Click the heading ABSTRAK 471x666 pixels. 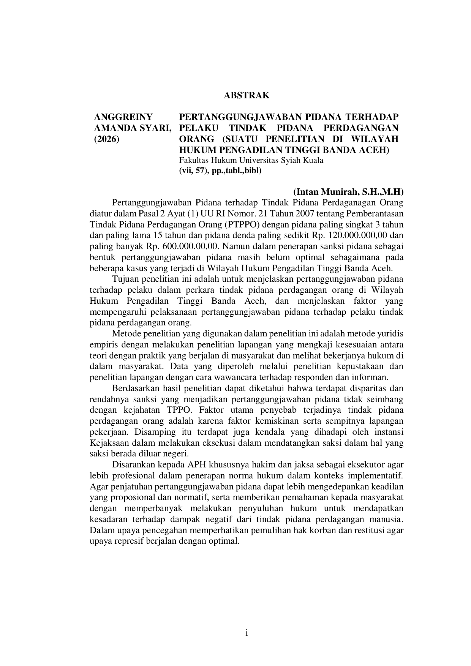pos(247,96)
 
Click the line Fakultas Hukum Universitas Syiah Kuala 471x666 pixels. pos(251,160)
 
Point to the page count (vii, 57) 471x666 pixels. pos(192,171)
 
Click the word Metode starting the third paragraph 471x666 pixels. pos(127,334)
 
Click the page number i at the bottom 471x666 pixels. pos(247,633)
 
